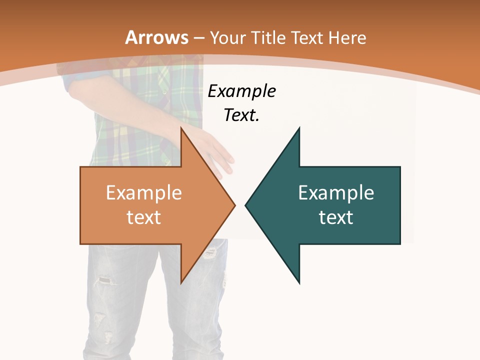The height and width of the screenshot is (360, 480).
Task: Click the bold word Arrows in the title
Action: tap(156, 38)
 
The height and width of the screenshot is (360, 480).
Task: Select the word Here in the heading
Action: tap(346, 38)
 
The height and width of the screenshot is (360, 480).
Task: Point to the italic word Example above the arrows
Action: tap(242, 91)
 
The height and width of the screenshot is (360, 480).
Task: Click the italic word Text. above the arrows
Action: tap(242, 115)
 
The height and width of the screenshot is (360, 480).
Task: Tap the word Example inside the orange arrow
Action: tap(144, 193)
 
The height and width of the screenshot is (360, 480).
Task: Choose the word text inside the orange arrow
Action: tap(144, 217)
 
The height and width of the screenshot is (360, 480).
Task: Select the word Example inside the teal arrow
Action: tap(336, 193)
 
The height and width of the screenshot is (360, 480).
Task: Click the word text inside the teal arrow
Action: tap(336, 217)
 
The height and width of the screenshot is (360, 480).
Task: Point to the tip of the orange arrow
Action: tap(234, 205)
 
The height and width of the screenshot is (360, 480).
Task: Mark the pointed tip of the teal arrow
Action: tap(246, 205)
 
